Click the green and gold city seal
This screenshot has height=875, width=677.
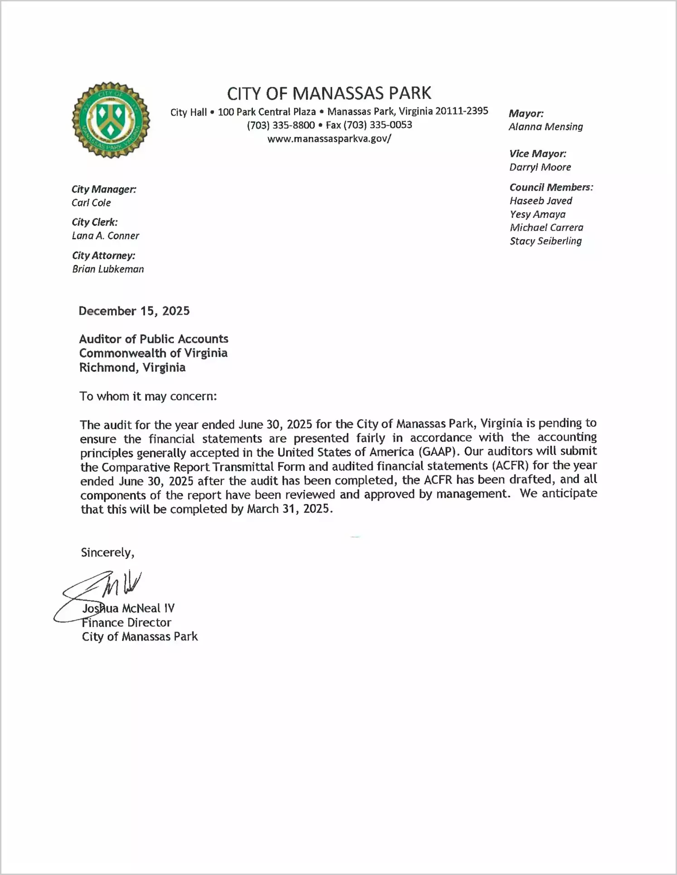pos(111,120)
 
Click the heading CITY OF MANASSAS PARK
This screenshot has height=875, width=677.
pos(329,93)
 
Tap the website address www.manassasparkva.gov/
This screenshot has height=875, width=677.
pos(329,139)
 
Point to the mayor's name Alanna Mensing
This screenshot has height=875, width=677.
pos(546,127)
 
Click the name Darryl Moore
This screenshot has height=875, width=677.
pos(540,167)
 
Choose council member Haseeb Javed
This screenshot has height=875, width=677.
pos(541,201)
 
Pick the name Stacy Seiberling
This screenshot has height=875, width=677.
pos(546,241)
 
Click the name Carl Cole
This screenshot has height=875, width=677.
pos(91,203)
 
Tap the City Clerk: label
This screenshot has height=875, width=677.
pos(95,222)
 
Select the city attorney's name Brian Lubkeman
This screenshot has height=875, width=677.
pos(108,269)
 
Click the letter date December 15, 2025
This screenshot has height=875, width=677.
pos(134,311)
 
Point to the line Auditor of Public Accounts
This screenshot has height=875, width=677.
pos(154,339)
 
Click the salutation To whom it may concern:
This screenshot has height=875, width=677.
pos(148,396)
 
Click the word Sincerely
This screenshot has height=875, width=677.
pos(107,552)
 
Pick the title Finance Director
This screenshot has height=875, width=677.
pos(127,623)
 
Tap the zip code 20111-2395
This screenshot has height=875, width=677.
pos(462,111)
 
